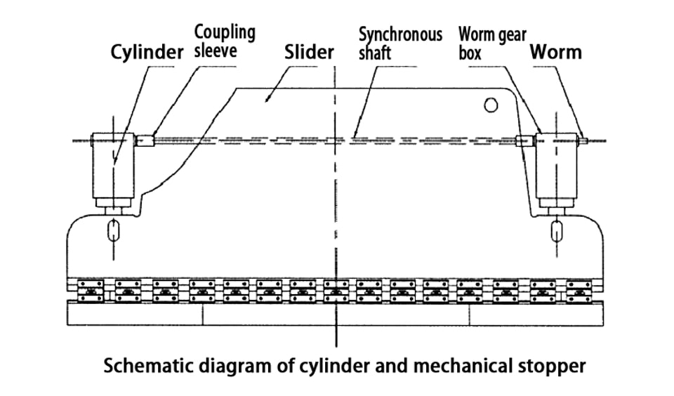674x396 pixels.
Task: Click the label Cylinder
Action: pyautogui.click(x=147, y=53)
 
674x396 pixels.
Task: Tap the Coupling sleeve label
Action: pyautogui.click(x=225, y=41)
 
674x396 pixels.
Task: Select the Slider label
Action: pyautogui.click(x=309, y=52)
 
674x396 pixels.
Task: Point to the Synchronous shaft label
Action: pyautogui.click(x=400, y=44)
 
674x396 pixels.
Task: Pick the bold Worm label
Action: pyautogui.click(x=556, y=52)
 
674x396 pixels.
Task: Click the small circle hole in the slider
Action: pyautogui.click(x=491, y=105)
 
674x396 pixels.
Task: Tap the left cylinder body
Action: pyautogui.click(x=113, y=166)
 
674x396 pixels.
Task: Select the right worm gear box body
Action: pyautogui.click(x=556, y=166)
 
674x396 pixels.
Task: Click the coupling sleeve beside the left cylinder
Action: pyautogui.click(x=146, y=141)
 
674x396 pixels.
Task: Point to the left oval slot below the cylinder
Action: pyautogui.click(x=113, y=231)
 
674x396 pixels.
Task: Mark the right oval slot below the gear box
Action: pyautogui.click(x=557, y=231)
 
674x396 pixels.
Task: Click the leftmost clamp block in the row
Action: pyautogui.click(x=91, y=291)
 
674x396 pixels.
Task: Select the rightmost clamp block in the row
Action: pyautogui.click(x=579, y=291)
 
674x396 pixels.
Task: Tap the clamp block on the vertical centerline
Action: pyautogui.click(x=336, y=291)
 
